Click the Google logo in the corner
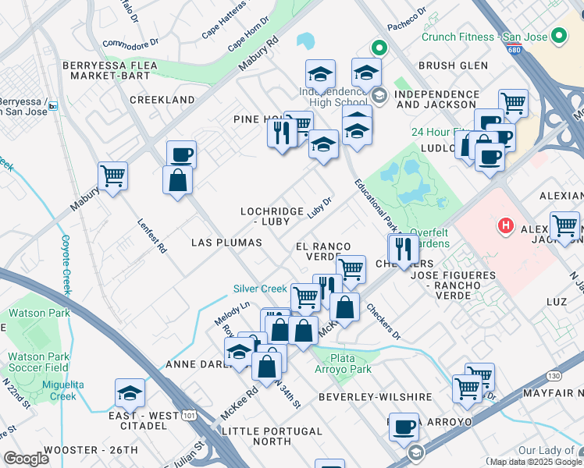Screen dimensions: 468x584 click(x=27, y=459)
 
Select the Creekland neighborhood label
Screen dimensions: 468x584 click(x=162, y=101)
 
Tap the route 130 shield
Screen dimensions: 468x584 click(x=554, y=376)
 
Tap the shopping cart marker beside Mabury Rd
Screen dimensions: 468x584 click(x=112, y=176)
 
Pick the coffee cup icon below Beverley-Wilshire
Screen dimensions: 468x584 click(x=404, y=428)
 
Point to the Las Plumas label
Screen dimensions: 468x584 click(x=226, y=243)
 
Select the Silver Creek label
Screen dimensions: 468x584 click(x=260, y=289)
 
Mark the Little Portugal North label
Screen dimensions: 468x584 click(x=272, y=436)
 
